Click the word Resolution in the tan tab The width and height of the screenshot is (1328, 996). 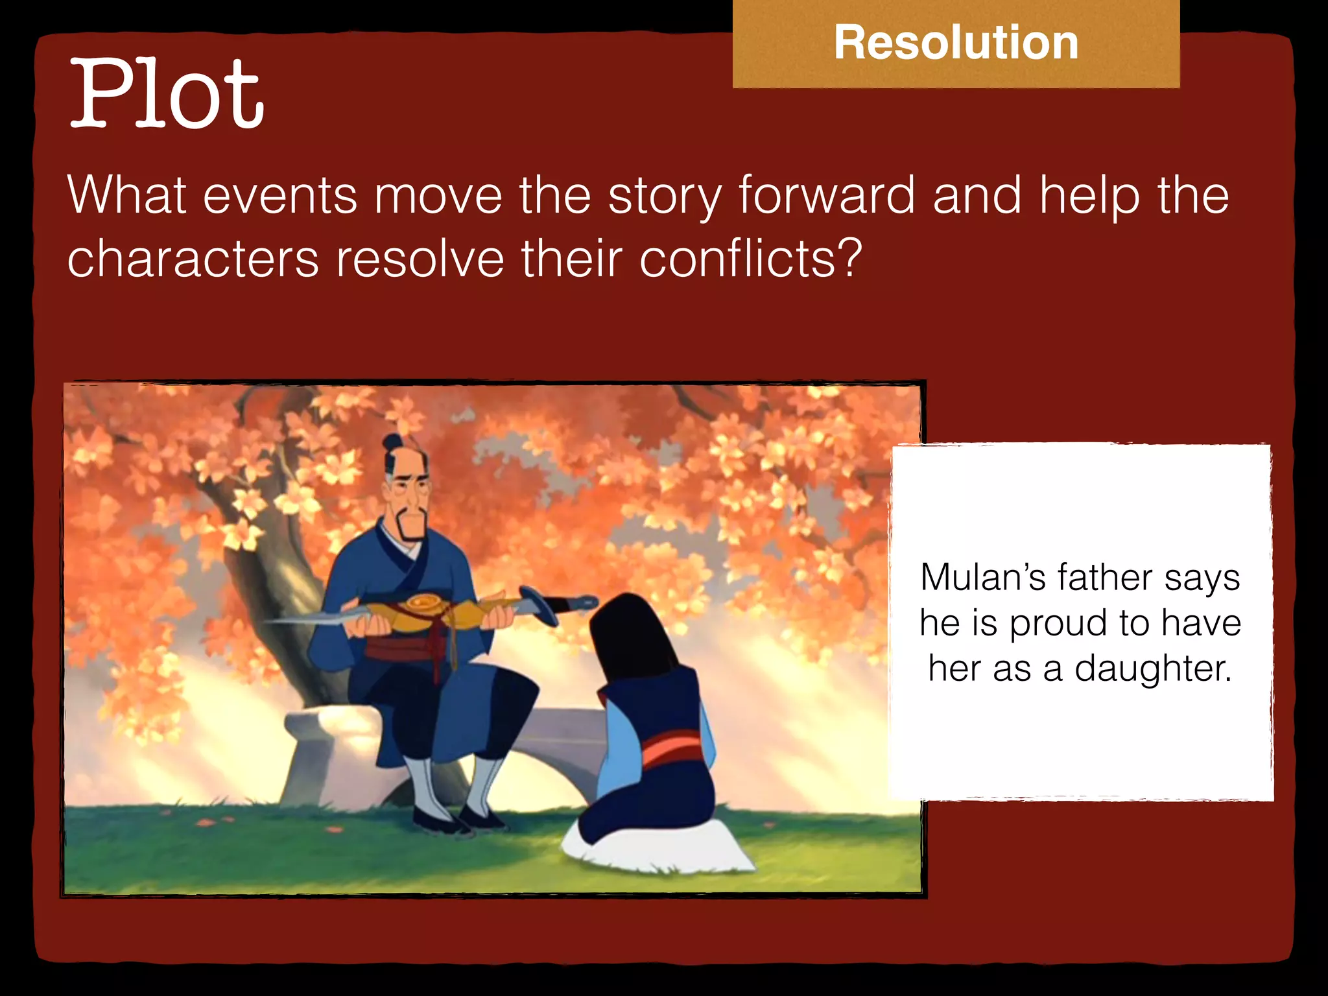(956, 43)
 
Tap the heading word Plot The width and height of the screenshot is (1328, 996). (167, 94)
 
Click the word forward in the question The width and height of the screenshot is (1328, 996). (827, 195)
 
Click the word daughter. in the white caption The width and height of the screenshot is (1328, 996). (1152, 669)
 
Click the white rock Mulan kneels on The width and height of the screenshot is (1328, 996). (655, 849)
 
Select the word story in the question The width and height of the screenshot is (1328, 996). (665, 195)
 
